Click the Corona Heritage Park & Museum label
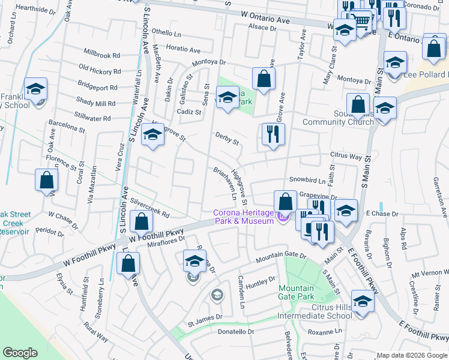[243, 217]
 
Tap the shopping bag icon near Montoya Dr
[264, 79]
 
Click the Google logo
[20, 353]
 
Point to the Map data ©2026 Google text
[411, 355]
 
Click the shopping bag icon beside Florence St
[46, 181]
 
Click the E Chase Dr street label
[382, 214]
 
